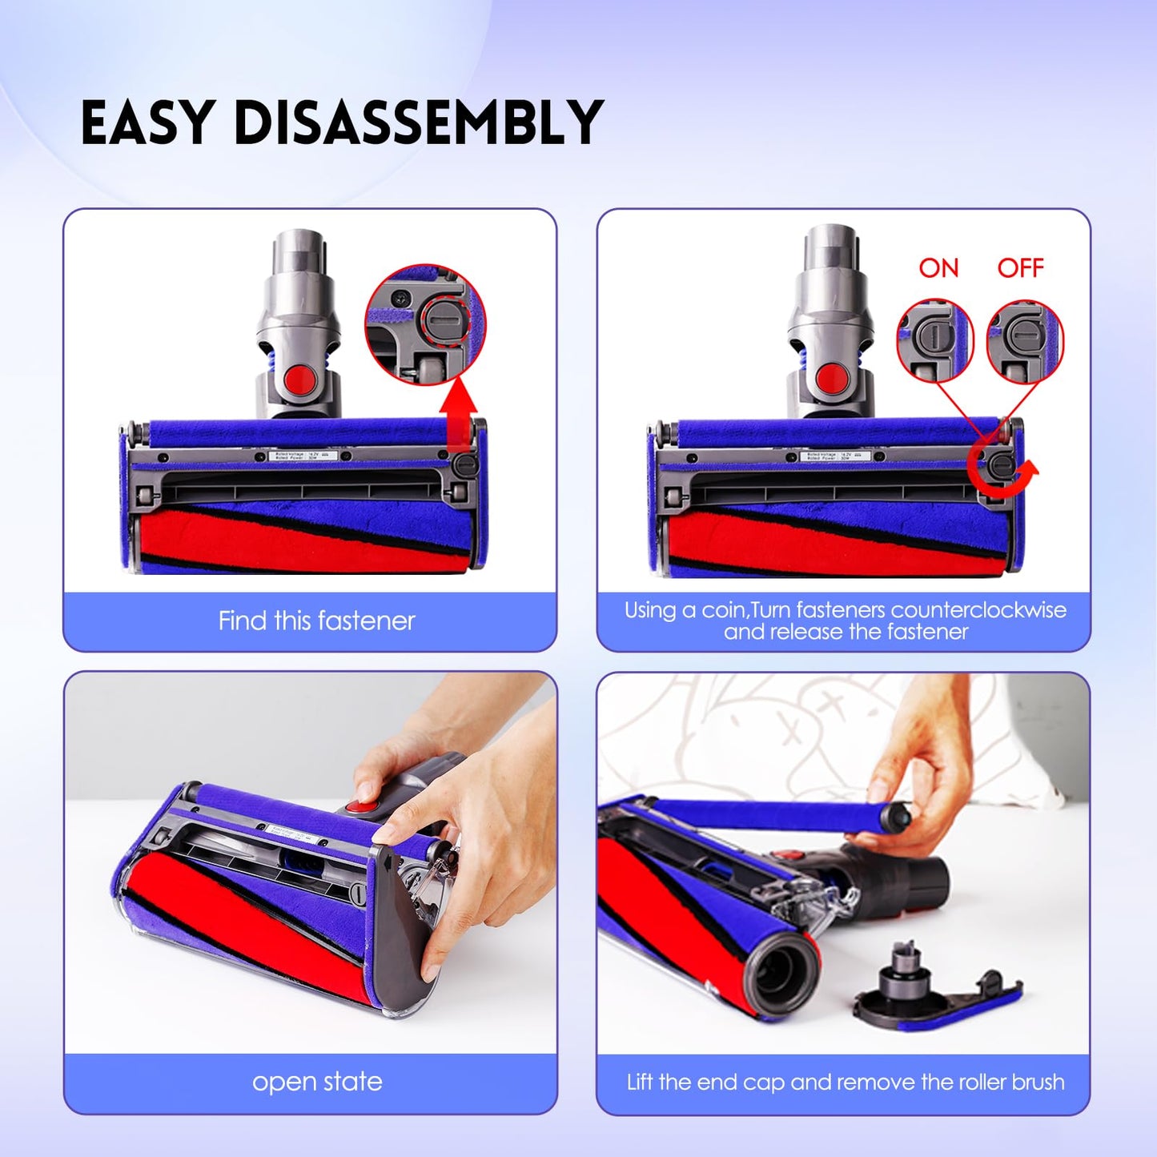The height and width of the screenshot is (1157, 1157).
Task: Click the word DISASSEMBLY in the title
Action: pyautogui.click(x=419, y=123)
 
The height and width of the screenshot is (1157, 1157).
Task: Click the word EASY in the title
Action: pyautogui.click(x=147, y=123)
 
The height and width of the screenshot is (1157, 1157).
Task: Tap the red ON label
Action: pyautogui.click(x=938, y=267)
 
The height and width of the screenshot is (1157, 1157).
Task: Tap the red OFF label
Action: pyautogui.click(x=1020, y=267)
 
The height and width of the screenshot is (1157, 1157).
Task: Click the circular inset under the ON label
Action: pyautogui.click(x=934, y=340)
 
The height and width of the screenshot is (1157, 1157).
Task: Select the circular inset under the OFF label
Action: pyautogui.click(x=1025, y=340)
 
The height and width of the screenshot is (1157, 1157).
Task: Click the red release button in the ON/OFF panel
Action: pyautogui.click(x=832, y=376)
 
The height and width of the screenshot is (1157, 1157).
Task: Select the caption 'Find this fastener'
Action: pyautogui.click(x=316, y=621)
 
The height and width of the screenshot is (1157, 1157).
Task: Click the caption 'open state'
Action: pyautogui.click(x=317, y=1082)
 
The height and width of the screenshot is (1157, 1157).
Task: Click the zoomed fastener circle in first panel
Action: pyautogui.click(x=425, y=324)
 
